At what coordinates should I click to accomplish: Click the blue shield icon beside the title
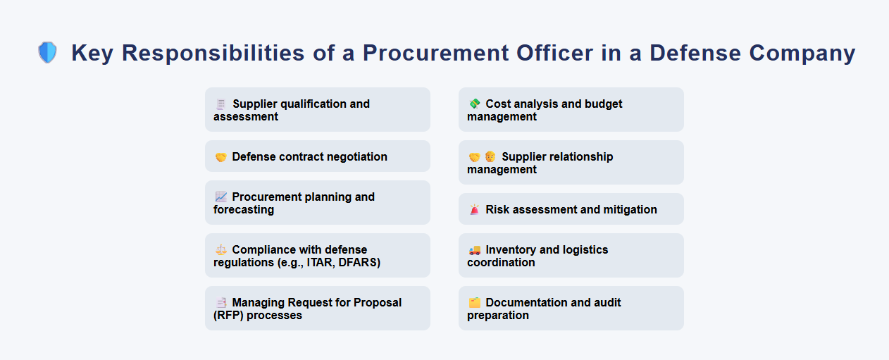[x=47, y=53]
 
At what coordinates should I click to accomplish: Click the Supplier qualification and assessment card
[x=317, y=109]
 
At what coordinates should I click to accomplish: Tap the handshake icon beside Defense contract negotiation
[x=220, y=157]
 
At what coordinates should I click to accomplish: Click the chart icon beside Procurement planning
[x=220, y=197]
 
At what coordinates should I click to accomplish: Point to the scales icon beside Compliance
[x=220, y=249]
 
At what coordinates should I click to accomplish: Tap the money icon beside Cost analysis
[x=474, y=104]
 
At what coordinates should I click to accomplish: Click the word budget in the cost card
[x=604, y=104]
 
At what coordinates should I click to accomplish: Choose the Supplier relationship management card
[x=571, y=162]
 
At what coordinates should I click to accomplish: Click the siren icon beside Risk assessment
[x=474, y=210]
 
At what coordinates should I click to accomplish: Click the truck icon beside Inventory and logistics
[x=474, y=250]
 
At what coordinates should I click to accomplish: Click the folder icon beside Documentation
[x=474, y=303]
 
